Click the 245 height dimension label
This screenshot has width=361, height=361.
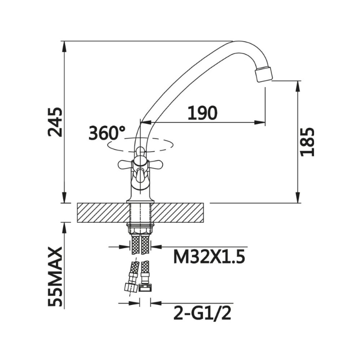[55, 122]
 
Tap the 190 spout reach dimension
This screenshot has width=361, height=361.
[202, 113]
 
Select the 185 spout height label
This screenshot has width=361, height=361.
[307, 141]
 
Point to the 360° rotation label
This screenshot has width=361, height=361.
[107, 133]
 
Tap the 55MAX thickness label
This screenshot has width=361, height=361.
[55, 277]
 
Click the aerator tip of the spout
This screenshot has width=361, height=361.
[264, 74]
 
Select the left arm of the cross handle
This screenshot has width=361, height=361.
[125, 164]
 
